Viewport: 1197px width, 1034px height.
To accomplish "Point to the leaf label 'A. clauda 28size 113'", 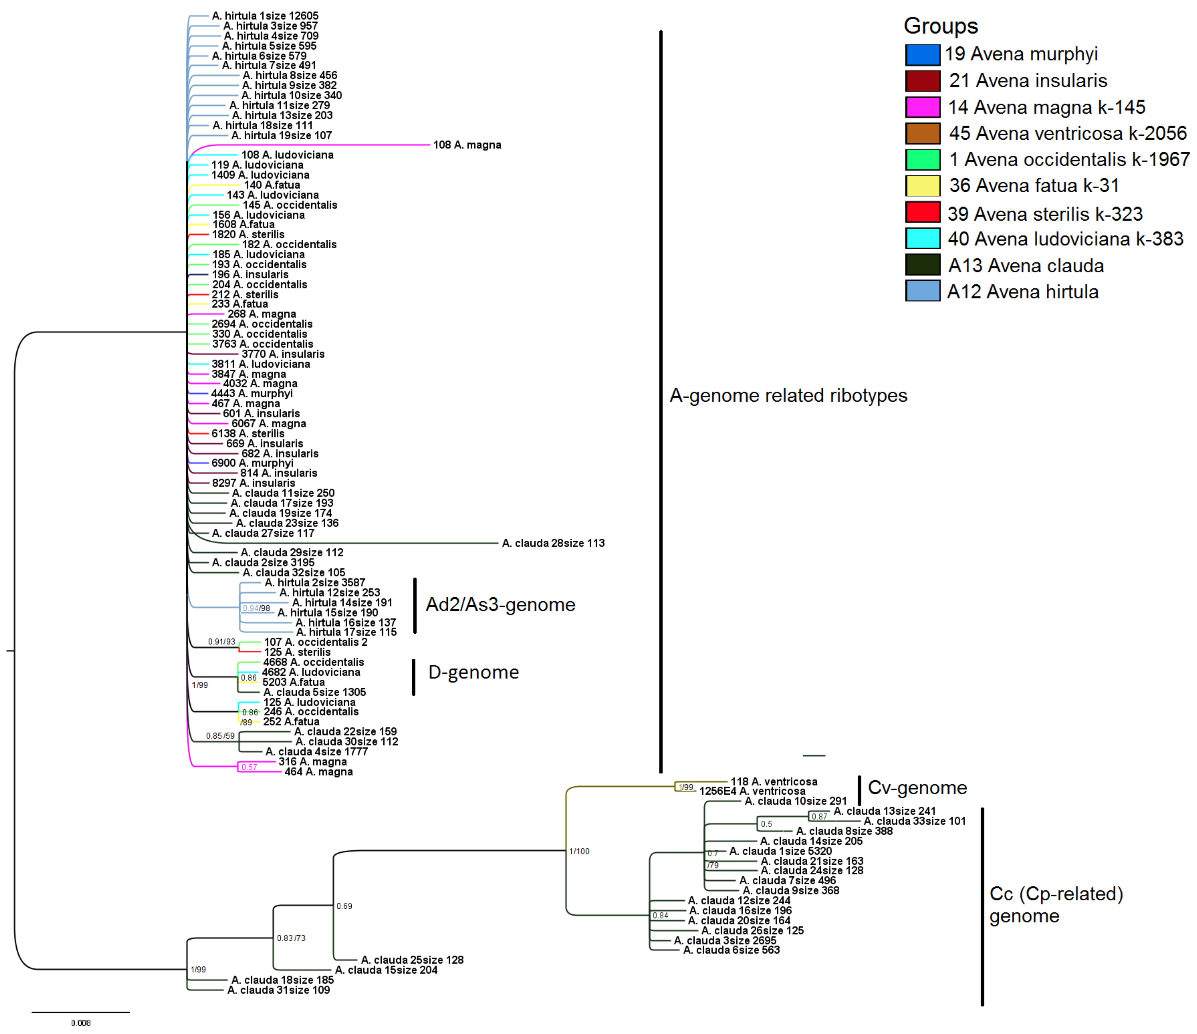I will (x=553, y=543).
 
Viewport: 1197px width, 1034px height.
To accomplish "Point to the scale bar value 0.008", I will (x=81, y=1023).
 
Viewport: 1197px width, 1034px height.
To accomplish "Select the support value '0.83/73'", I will (x=291, y=938).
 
